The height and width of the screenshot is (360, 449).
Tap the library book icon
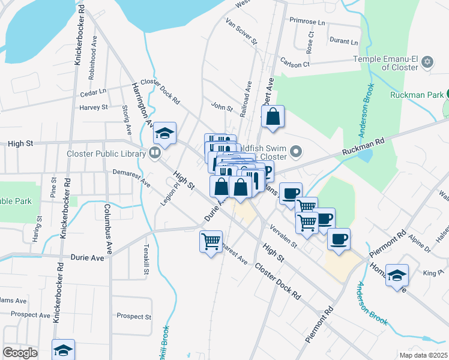155,154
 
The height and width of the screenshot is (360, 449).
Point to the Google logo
20,352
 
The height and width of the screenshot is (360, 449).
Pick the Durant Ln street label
343,42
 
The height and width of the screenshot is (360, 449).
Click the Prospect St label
134,316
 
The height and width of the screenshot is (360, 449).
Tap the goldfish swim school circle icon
295,151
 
